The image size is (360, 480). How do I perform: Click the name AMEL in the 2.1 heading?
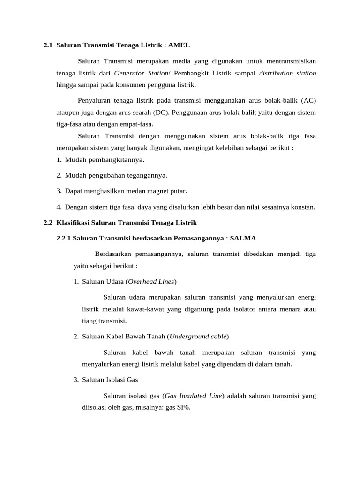coord(179,45)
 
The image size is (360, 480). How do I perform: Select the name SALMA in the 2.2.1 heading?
coord(243,238)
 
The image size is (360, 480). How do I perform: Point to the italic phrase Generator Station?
coord(141,73)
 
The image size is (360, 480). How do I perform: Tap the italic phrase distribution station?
coord(287,73)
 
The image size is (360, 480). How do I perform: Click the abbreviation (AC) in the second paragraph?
coord(308,101)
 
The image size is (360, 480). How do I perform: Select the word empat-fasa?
coord(136,124)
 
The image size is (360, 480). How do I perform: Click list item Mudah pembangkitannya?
coord(105,160)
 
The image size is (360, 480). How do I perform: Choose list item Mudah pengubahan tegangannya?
coord(116,175)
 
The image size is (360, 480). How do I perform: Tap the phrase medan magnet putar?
coord(159,191)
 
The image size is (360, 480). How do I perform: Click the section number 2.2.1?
coord(63,238)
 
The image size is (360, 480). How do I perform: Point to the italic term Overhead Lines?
coord(151,281)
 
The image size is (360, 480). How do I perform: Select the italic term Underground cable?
coord(198,337)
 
